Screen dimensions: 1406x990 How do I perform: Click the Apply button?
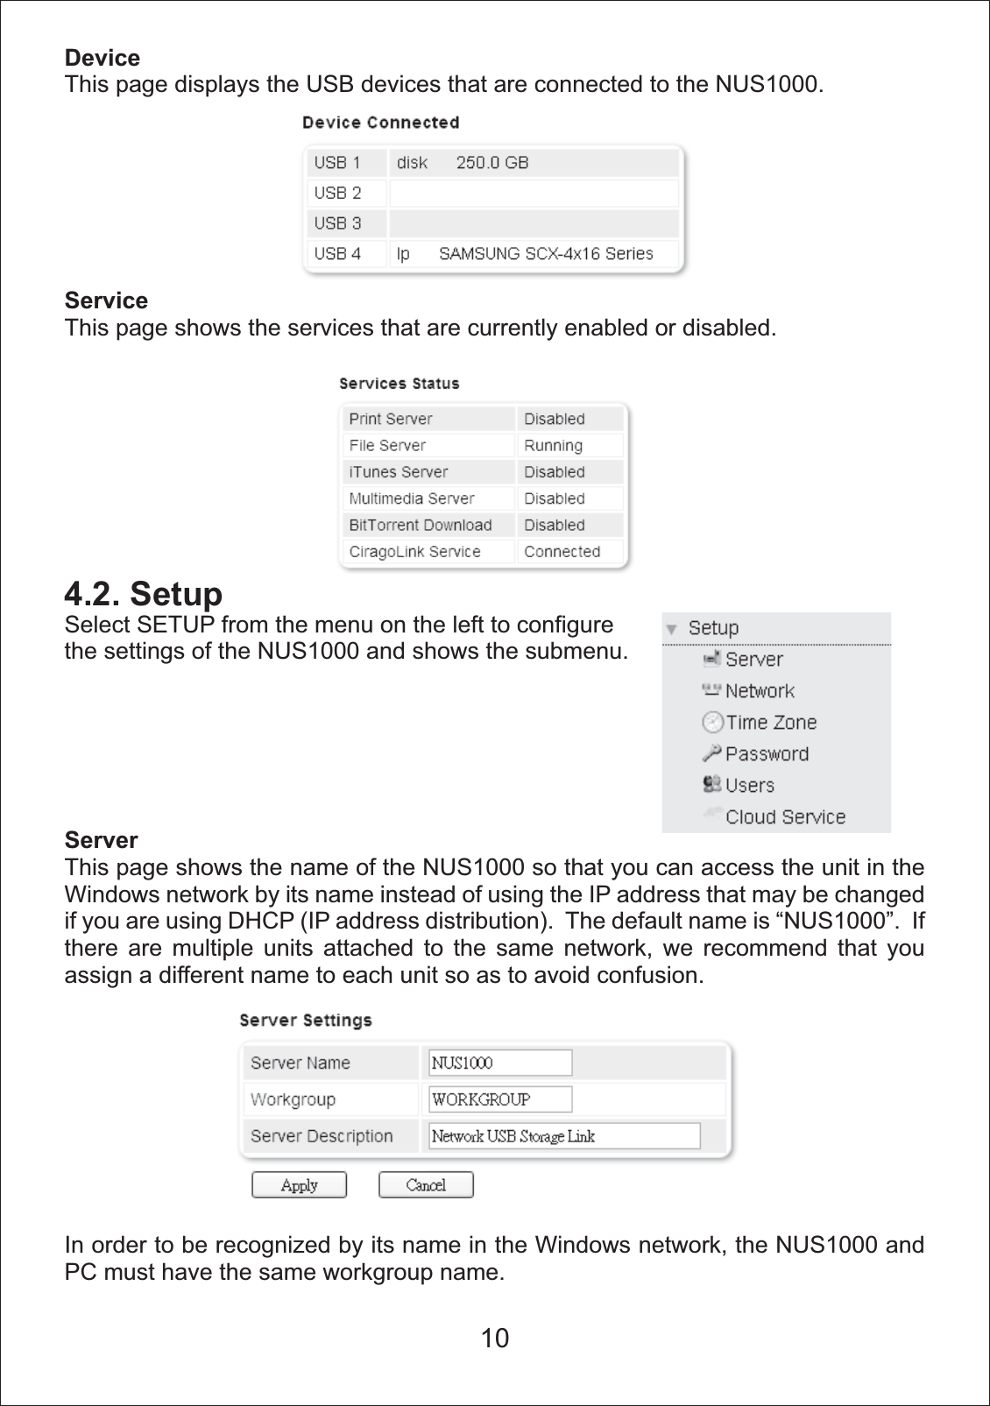coord(299,1184)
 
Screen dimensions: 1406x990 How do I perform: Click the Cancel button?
coord(426,1184)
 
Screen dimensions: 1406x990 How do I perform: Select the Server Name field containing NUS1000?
coord(500,1063)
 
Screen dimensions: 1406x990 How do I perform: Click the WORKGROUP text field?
coord(500,1099)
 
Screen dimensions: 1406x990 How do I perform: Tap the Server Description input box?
coord(564,1136)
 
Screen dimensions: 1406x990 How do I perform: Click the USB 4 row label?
coord(337,254)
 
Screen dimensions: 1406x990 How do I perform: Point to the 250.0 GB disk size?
coord(492,163)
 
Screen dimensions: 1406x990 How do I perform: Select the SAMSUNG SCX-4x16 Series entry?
coord(546,254)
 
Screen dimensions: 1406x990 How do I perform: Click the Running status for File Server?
coord(553,446)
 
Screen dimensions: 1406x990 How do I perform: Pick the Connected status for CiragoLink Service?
coord(562,552)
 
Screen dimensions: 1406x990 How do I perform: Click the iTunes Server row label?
coord(398,472)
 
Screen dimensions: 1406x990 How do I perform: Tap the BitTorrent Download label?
coord(420,526)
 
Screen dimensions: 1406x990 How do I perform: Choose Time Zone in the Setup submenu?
coord(771,723)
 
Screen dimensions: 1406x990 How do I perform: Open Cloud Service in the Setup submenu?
coord(785,817)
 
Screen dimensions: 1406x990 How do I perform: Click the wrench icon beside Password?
coord(711,753)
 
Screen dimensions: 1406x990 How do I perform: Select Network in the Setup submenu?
coord(760,691)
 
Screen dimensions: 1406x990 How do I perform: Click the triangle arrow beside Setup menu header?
coord(671,629)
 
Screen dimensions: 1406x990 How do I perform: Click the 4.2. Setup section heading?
coord(144,594)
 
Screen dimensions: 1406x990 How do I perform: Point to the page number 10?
coord(495,1338)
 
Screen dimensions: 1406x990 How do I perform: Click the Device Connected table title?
coord(380,123)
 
